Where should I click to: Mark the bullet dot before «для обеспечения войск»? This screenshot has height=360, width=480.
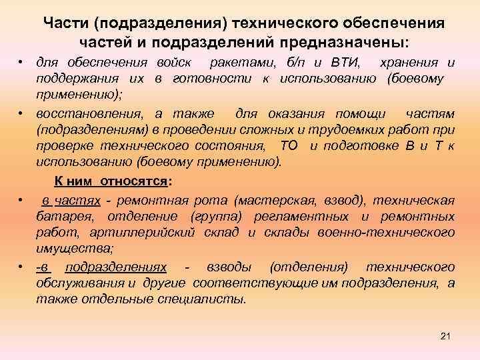point(22,63)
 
